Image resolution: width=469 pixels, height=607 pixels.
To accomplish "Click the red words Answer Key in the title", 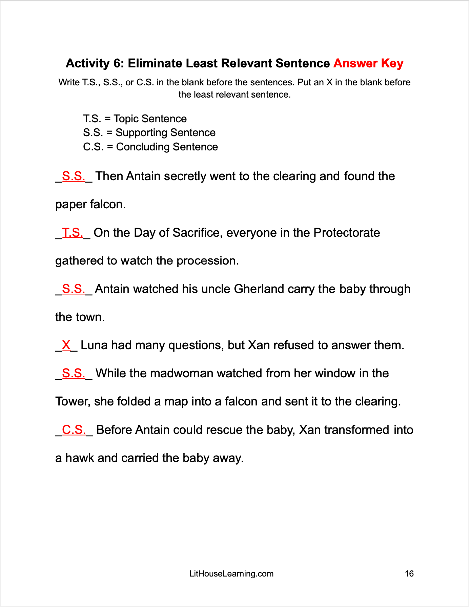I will tap(368, 63).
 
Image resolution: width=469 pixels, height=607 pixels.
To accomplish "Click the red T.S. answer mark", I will tap(73, 233).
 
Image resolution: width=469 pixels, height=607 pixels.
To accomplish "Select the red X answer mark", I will tap(66, 345).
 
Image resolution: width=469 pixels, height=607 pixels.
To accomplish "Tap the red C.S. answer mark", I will tap(74, 430).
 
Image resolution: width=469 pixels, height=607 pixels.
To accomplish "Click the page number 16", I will tap(409, 574).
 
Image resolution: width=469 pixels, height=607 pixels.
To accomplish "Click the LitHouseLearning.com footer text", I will tap(231, 574).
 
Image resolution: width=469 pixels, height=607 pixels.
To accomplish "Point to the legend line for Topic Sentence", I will tap(135, 119).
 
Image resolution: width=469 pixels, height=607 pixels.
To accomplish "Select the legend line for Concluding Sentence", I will tap(150, 147).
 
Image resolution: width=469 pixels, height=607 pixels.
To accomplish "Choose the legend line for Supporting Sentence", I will tap(149, 133).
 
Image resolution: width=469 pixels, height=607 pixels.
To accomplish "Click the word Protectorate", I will tap(346, 233).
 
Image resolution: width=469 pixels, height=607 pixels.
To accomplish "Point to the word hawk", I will tap(80, 458).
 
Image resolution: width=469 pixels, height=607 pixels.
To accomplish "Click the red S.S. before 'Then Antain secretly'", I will tap(74, 176).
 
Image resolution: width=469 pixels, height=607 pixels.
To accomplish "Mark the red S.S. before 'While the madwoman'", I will tap(74, 373).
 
